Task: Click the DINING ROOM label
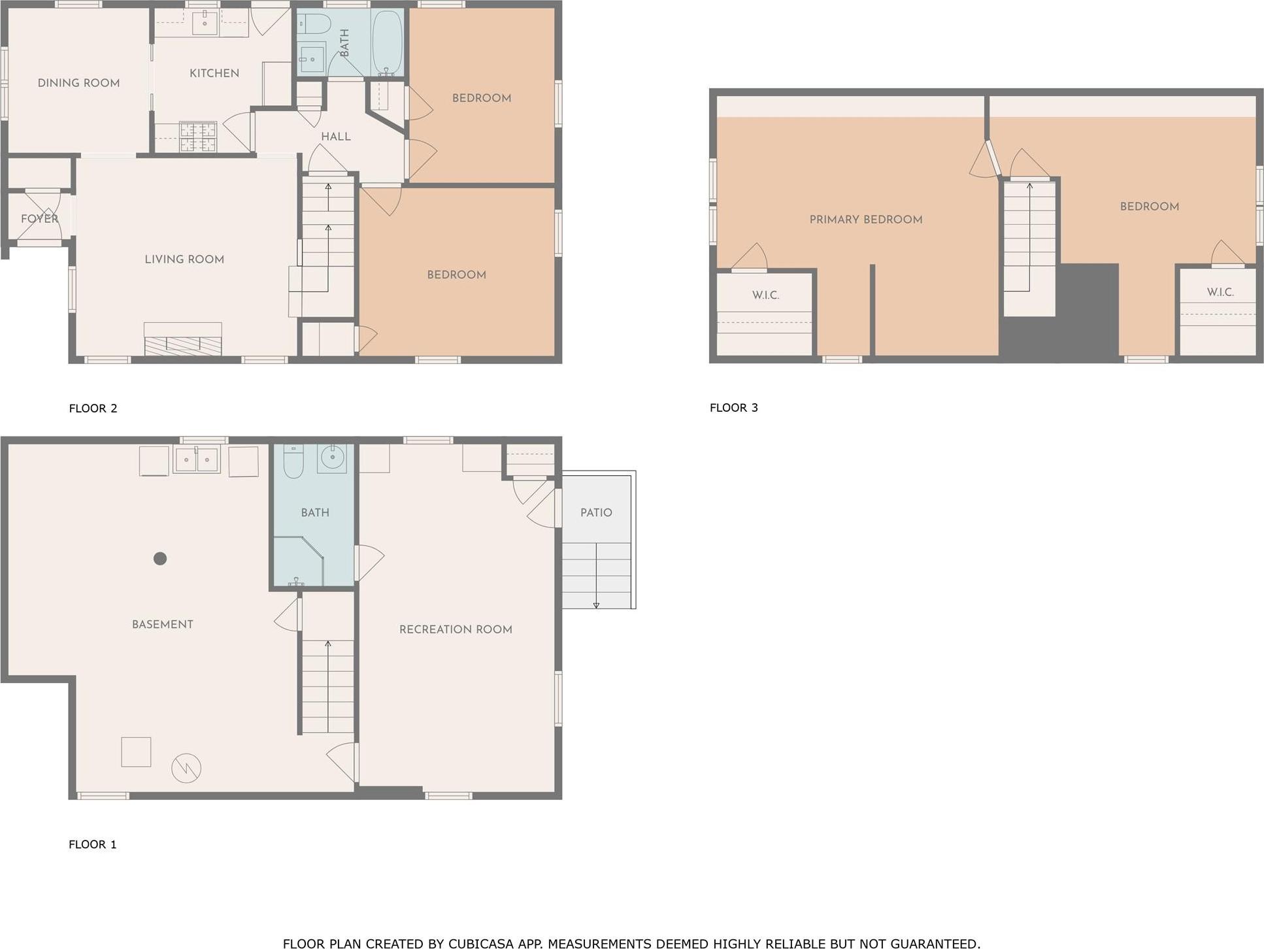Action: [x=78, y=83]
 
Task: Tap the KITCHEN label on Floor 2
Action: [x=214, y=73]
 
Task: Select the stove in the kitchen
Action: [x=197, y=137]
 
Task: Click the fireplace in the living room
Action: [x=182, y=341]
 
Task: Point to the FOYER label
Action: [x=39, y=219]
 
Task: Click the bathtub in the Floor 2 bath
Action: [x=387, y=43]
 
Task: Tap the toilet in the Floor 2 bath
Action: [x=314, y=24]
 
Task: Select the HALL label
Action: [x=336, y=137]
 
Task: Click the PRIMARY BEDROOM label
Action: [x=865, y=220]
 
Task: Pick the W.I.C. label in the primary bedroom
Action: [x=765, y=295]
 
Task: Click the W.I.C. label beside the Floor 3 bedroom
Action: [x=1220, y=292]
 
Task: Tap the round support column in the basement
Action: [x=160, y=558]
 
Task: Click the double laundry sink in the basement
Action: [x=197, y=460]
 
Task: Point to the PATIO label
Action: [x=596, y=513]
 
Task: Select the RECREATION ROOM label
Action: [x=456, y=629]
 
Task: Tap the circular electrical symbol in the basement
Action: [x=186, y=768]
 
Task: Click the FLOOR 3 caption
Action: [x=733, y=408]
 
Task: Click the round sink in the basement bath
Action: [x=332, y=458]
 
